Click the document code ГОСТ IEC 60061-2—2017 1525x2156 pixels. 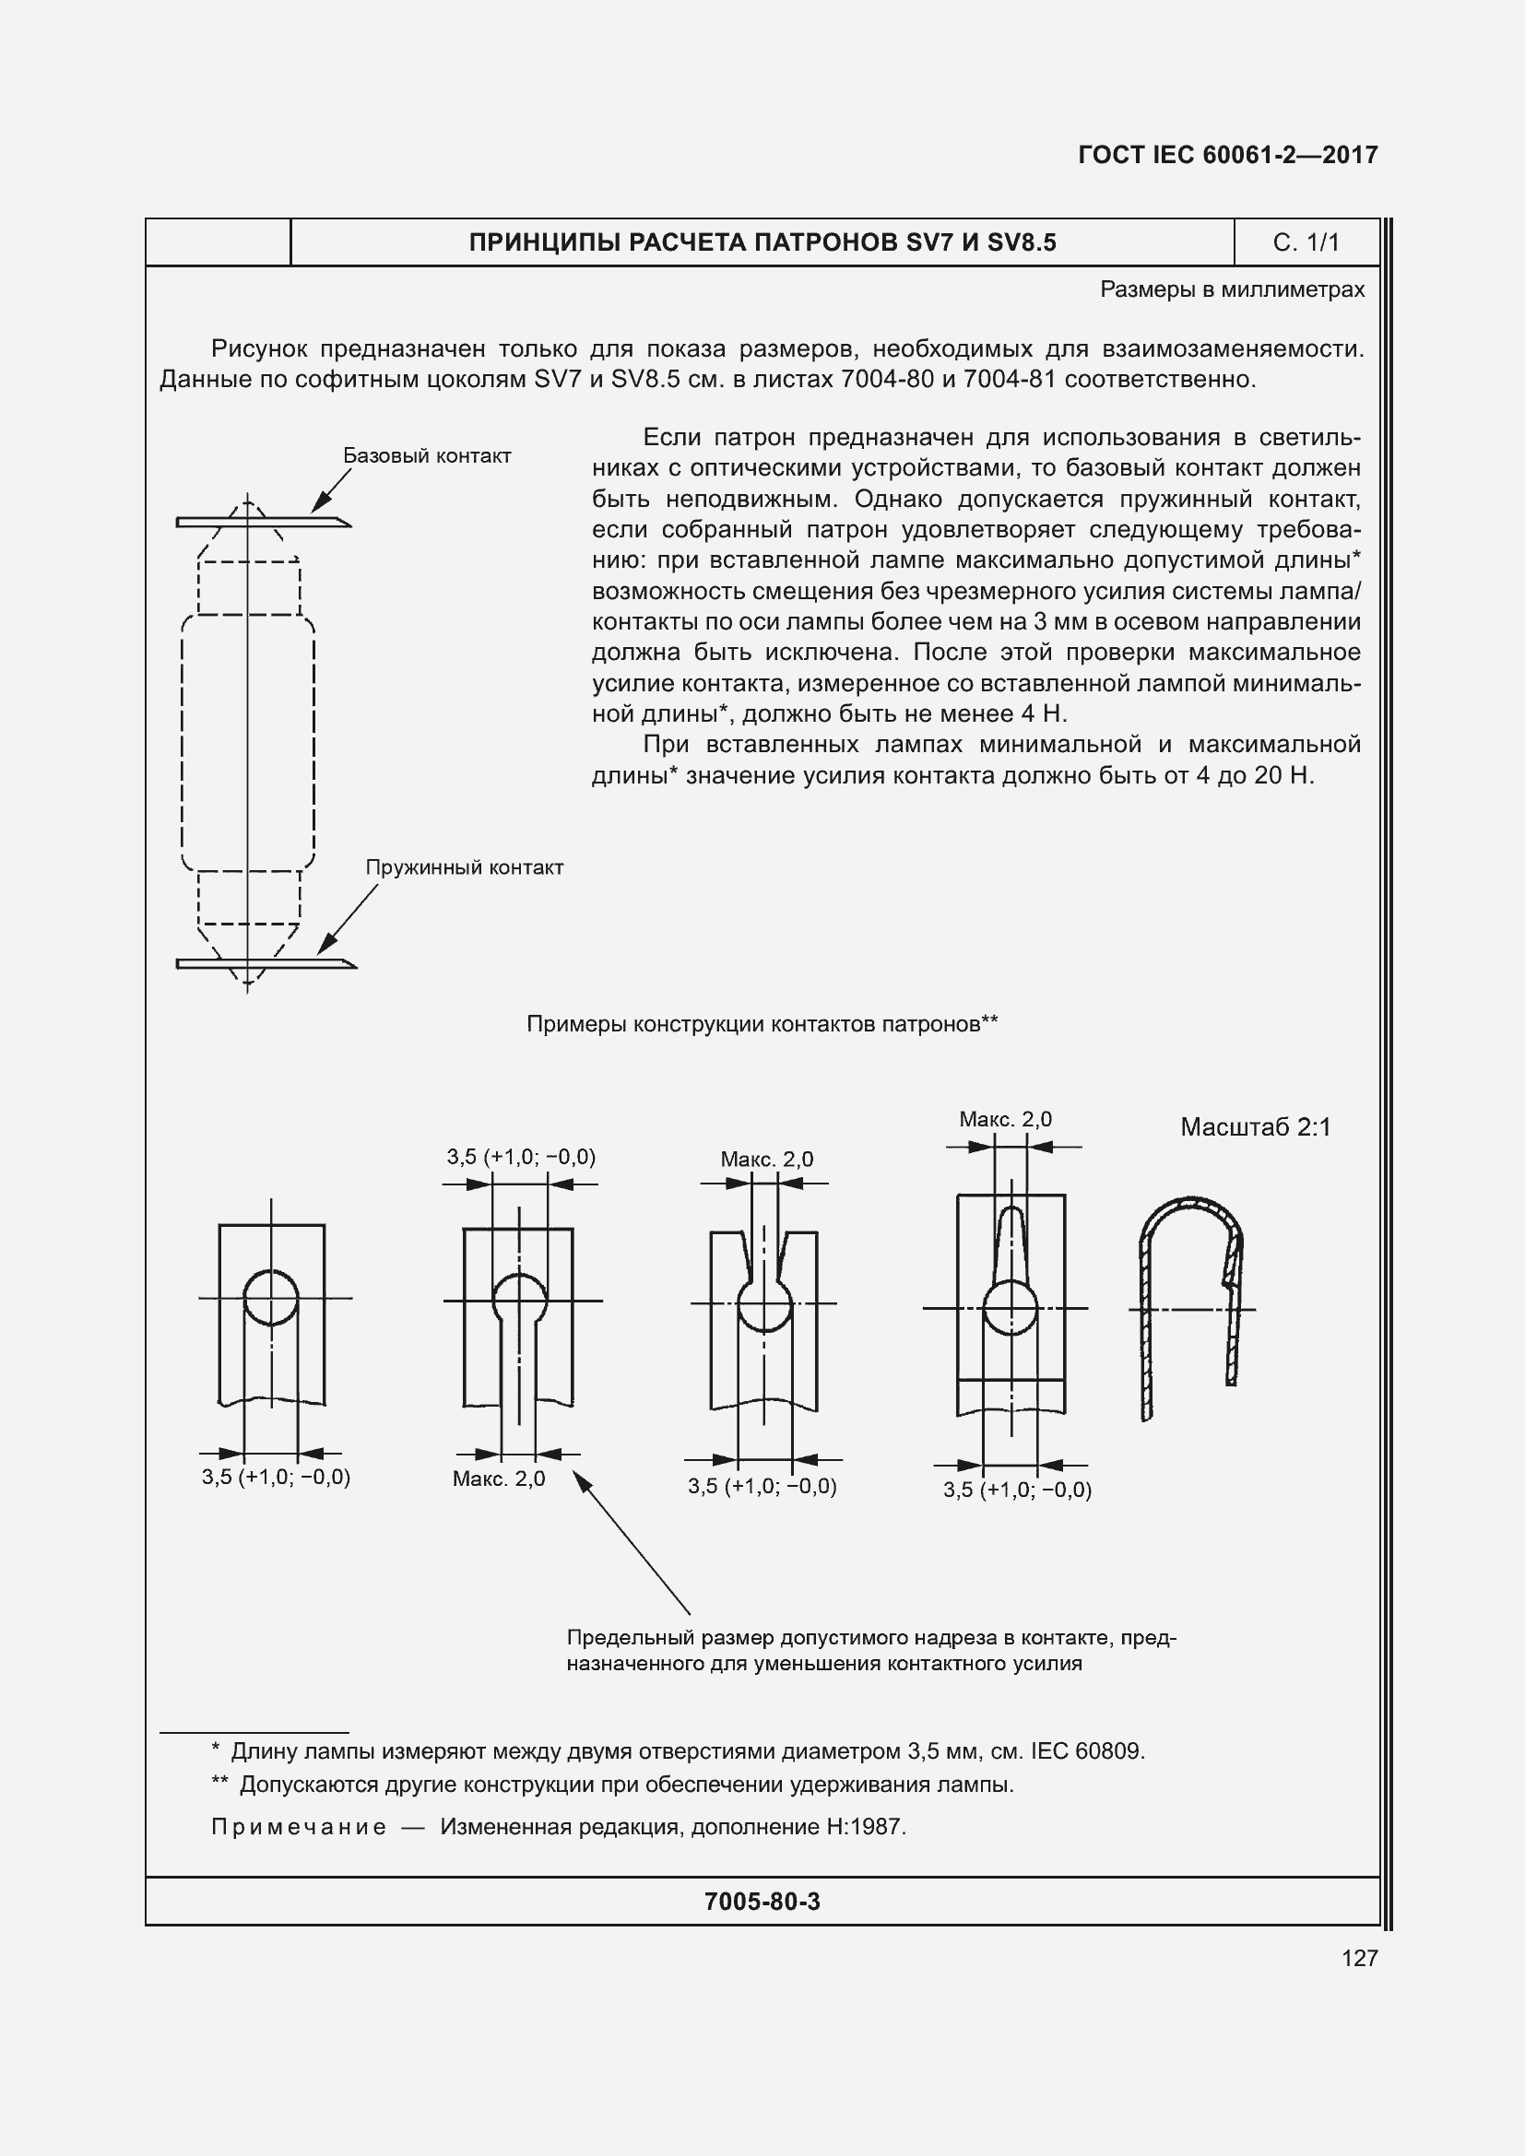pos(1227,155)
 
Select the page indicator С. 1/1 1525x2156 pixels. pos(1306,242)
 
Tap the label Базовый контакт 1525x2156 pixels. pos(426,455)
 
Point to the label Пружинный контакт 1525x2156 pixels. pos(464,866)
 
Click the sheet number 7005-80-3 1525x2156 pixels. pos(762,1902)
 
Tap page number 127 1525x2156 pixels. pos(1359,1958)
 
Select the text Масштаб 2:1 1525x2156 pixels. pos(1255,1126)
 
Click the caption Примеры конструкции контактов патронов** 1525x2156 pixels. pos(762,1023)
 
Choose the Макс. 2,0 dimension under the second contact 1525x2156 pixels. pos(499,1479)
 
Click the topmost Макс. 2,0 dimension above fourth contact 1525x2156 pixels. pos(1005,1119)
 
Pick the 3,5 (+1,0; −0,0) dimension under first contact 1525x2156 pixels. pos(275,1477)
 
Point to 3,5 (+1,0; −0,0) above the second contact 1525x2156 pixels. pos(521,1157)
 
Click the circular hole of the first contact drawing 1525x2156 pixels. pos(271,1297)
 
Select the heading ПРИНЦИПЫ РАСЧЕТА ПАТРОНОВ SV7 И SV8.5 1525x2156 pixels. pos(762,242)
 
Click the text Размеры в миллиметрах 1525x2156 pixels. pos(1231,289)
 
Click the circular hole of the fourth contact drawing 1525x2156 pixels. pos(1011,1307)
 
